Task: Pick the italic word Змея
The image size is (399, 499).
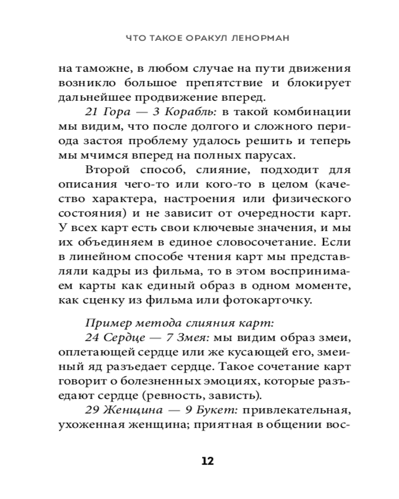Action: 194,337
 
